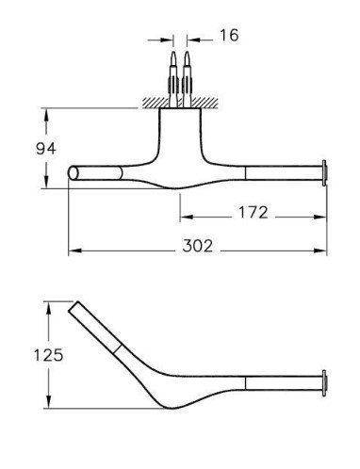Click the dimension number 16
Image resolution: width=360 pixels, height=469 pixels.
tap(229, 35)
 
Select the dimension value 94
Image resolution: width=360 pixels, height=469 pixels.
tap(46, 149)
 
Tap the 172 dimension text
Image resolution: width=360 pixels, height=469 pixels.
tap(254, 212)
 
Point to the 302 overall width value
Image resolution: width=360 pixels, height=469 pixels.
tap(198, 246)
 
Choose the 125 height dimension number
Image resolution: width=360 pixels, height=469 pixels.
tap(48, 355)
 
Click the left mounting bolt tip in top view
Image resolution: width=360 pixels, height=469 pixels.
tap(173, 52)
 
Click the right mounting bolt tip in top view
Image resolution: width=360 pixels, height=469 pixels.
tap(187, 52)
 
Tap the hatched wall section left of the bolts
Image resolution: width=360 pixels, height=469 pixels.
tap(155, 103)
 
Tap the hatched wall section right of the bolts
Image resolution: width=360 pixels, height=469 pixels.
tap(205, 103)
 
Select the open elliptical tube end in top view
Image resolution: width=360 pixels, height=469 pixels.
tap(74, 173)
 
